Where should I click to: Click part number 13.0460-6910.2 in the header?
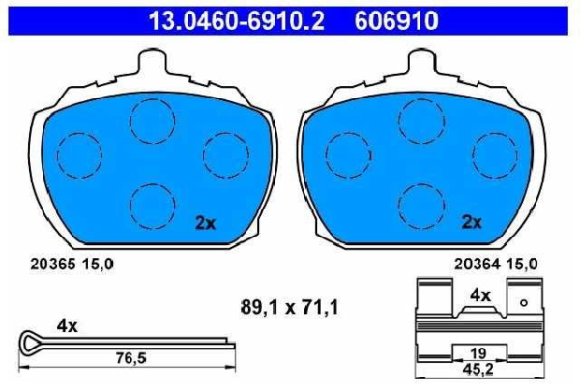tap(237, 20)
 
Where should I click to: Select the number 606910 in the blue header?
tap(396, 20)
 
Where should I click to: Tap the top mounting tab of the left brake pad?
tap(152, 62)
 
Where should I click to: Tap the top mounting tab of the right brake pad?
tap(421, 62)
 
